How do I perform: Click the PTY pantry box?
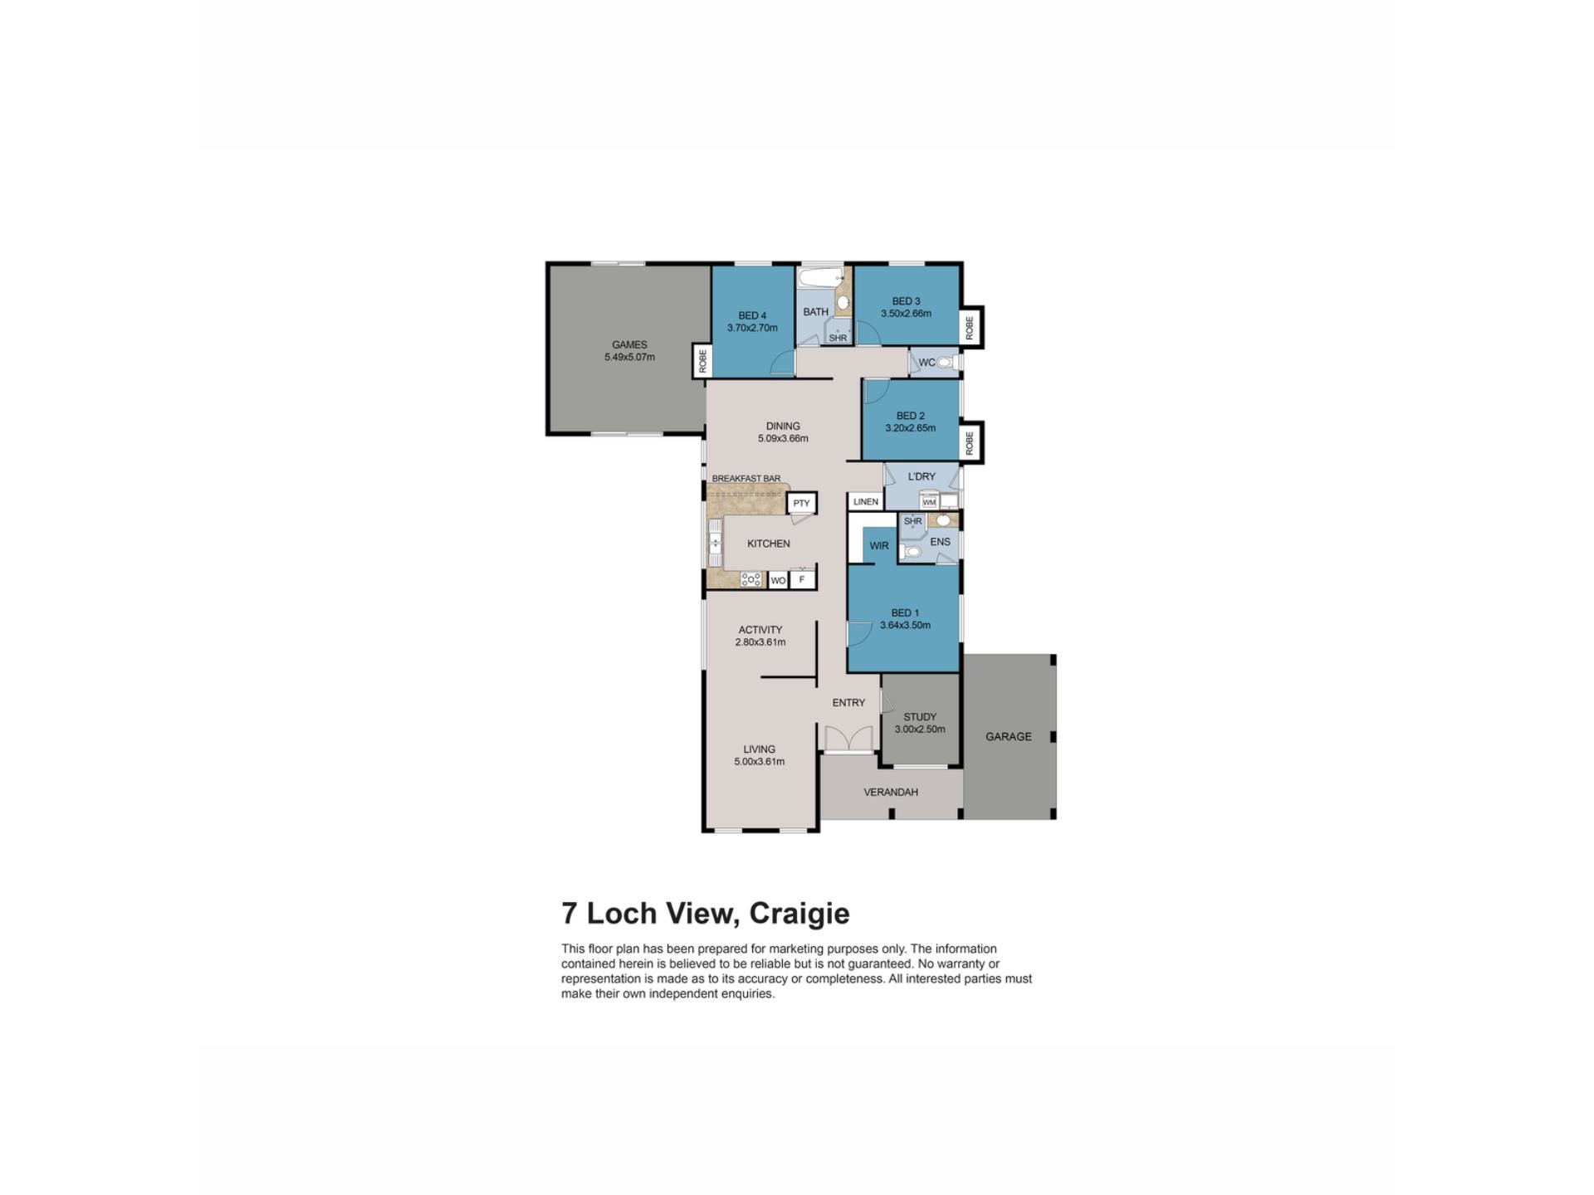pyautogui.click(x=801, y=503)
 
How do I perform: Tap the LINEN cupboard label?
pyautogui.click(x=865, y=501)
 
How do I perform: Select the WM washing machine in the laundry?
pyautogui.click(x=929, y=502)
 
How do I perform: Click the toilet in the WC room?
pyautogui.click(x=946, y=363)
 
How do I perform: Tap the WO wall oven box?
pyautogui.click(x=778, y=580)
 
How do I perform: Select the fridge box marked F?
pyautogui.click(x=802, y=579)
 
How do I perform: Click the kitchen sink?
pyautogui.click(x=715, y=544)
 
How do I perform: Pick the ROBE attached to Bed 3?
pyautogui.click(x=970, y=327)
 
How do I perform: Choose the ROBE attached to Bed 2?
pyautogui.click(x=970, y=442)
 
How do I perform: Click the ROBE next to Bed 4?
pyautogui.click(x=702, y=361)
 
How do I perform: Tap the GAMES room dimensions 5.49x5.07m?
pyautogui.click(x=629, y=358)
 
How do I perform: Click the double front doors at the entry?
pyautogui.click(x=848, y=740)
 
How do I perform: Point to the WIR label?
pyautogui.click(x=878, y=546)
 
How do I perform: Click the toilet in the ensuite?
pyautogui.click(x=911, y=551)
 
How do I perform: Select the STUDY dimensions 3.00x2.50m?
pyautogui.click(x=919, y=729)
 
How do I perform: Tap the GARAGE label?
pyautogui.click(x=1008, y=736)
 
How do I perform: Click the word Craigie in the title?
pyautogui.click(x=799, y=914)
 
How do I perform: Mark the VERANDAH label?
pyautogui.click(x=890, y=792)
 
